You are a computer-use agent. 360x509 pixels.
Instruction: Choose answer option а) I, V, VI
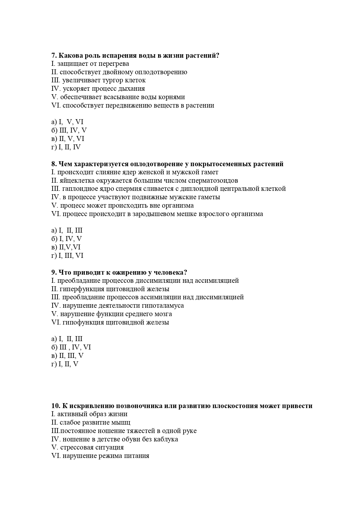click(67, 122)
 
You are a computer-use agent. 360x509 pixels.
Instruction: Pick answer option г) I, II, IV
click(66, 147)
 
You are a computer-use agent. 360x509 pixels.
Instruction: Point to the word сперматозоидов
click(213, 181)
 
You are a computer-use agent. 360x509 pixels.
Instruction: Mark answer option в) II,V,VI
click(66, 247)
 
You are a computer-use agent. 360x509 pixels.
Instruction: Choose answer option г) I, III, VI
click(67, 256)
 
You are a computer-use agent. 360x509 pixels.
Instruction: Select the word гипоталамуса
click(163, 306)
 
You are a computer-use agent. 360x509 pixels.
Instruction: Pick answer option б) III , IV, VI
click(71, 347)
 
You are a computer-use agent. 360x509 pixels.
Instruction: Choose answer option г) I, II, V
click(65, 364)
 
